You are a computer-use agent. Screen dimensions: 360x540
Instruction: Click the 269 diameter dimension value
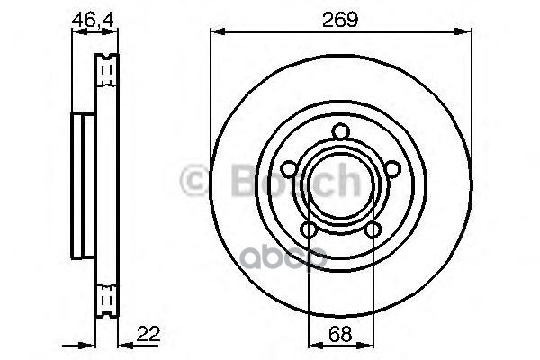pos(340,18)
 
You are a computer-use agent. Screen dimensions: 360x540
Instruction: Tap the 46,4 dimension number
pos(94,18)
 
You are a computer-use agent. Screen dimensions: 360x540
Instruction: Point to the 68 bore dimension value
pos(340,332)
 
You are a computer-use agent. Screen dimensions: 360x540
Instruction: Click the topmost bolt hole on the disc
pos(340,133)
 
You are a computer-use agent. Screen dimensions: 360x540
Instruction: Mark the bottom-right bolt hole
pos(371,229)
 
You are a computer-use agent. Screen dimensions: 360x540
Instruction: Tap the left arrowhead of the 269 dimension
pos(216,33)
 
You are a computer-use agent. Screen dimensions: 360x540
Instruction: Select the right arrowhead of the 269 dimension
pos(465,33)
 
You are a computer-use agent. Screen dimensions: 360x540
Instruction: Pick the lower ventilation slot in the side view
pos(106,294)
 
